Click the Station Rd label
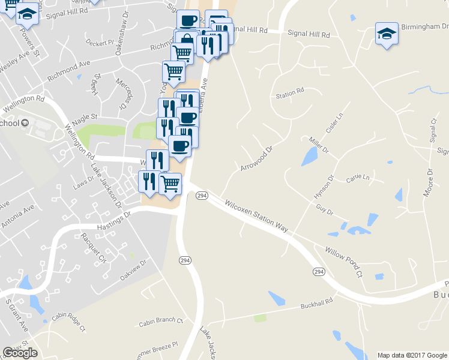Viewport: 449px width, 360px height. pyautogui.click(x=290, y=94)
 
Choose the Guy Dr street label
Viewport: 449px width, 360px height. pyautogui.click(x=324, y=209)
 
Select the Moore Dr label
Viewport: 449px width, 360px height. pyautogui.click(x=428, y=182)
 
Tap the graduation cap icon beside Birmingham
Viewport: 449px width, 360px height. pyautogui.click(x=387, y=34)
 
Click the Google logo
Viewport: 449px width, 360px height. pyautogui.click(x=20, y=353)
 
